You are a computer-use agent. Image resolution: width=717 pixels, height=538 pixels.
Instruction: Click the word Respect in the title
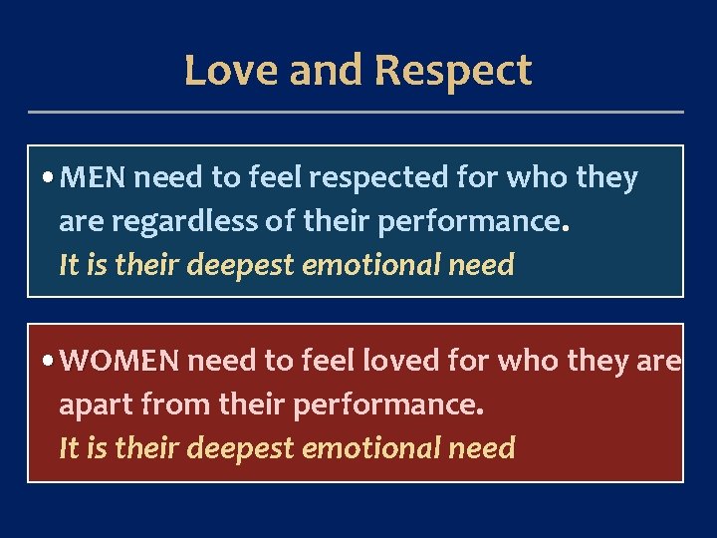pyautogui.click(x=453, y=71)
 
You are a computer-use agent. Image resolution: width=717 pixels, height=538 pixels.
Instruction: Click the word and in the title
pyautogui.click(x=319, y=71)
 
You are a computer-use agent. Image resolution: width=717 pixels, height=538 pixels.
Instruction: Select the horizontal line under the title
pyautogui.click(x=357, y=112)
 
